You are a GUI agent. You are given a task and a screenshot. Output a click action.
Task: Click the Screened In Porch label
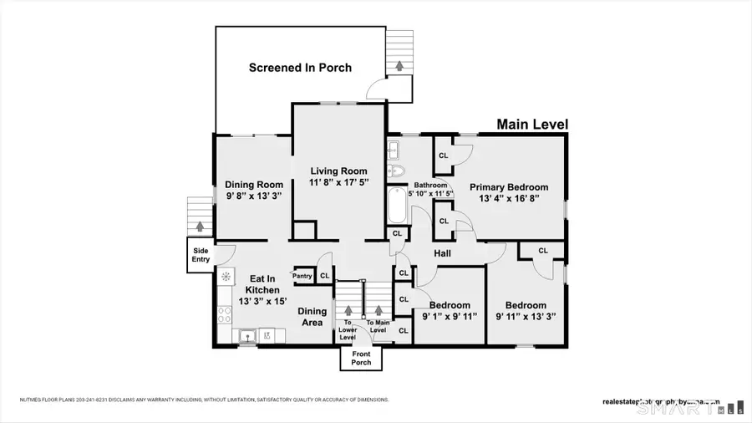[x=300, y=68]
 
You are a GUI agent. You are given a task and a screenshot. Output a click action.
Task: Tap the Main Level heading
[x=532, y=125]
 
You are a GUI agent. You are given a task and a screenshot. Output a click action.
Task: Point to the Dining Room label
[x=254, y=185]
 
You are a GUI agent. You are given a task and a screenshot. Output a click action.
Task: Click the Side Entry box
[x=201, y=255]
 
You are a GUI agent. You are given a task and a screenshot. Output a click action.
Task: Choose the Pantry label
[x=302, y=276]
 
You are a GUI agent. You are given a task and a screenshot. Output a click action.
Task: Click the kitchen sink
[x=248, y=335]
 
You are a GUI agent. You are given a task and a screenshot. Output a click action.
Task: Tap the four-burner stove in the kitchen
[x=225, y=314]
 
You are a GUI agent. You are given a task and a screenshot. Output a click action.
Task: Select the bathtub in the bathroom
[x=396, y=206]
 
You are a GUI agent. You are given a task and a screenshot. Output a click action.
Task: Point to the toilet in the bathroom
[x=396, y=171]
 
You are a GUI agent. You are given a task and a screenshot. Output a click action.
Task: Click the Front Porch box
[x=360, y=357]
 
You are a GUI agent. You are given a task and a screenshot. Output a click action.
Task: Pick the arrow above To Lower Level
[x=348, y=311]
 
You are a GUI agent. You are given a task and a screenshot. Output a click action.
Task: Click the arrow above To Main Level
[x=378, y=311]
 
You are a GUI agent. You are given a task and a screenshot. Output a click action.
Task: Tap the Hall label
[x=442, y=252]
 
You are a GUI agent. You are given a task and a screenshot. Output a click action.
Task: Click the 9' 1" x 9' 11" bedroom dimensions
[x=450, y=317]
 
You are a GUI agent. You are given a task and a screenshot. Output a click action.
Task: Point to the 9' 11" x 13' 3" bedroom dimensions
[x=526, y=317]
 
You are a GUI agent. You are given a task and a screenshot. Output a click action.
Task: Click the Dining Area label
[x=312, y=317]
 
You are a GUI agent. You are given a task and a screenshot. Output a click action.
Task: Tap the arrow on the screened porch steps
[x=399, y=64]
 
